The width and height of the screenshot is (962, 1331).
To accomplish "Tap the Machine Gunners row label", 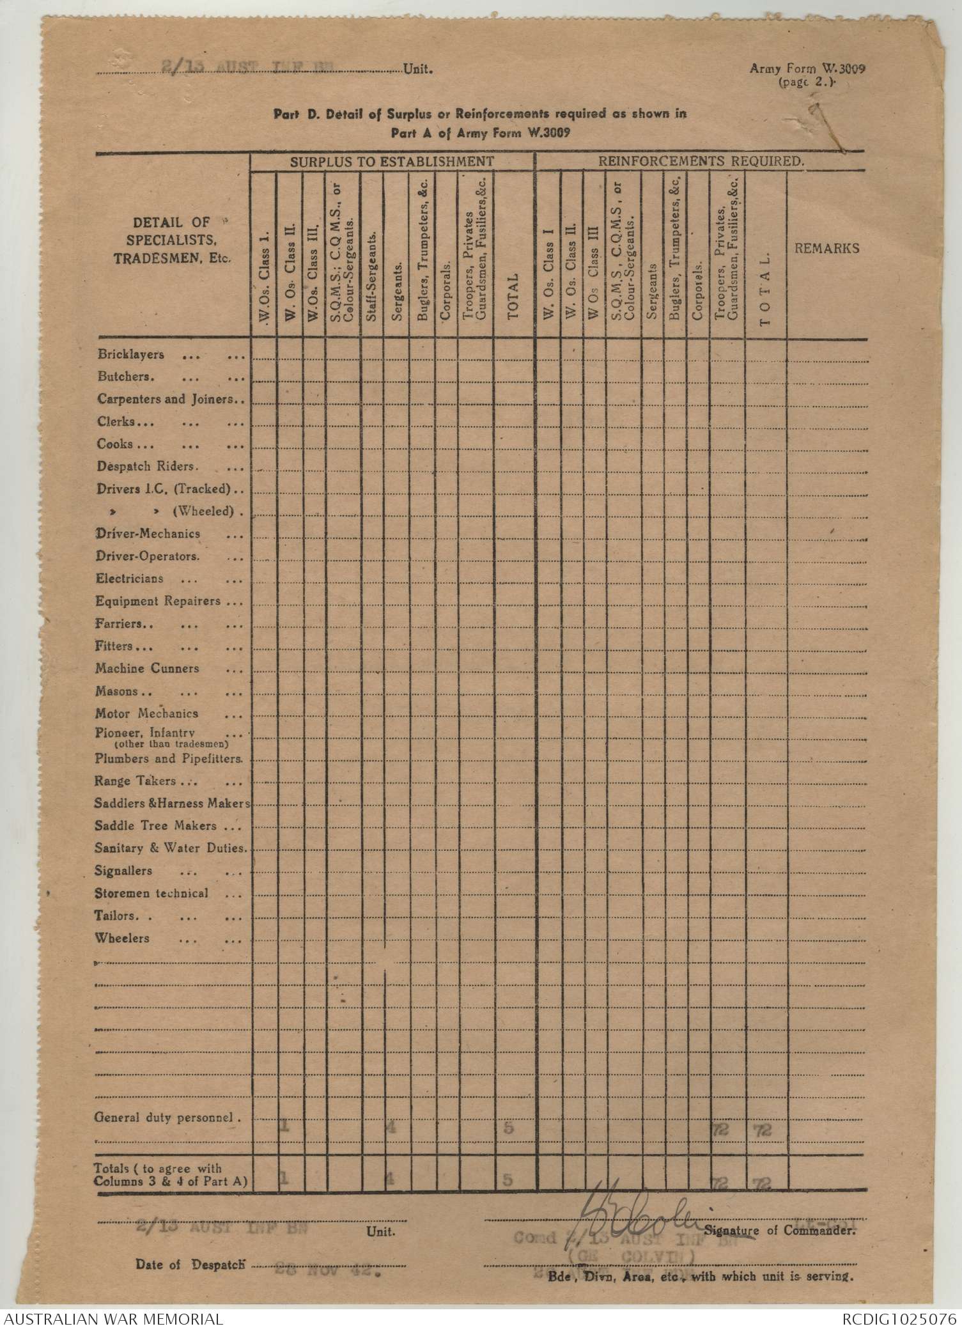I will tap(148, 669).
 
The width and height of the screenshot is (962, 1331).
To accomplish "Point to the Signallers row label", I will tap(123, 871).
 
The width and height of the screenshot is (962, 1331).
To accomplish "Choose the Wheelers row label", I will tap(122, 938).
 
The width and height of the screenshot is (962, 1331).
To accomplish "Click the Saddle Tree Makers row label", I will tap(156, 826).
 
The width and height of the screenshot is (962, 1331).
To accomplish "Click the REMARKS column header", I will tap(826, 249).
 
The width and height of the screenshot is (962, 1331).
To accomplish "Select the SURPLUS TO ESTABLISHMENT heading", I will tap(392, 162).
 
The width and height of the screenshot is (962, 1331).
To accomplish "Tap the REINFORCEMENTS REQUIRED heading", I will tap(700, 162).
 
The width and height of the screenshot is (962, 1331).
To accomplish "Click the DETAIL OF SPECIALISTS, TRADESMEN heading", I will tap(171, 241).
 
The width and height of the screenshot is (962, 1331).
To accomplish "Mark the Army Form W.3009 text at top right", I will tap(807, 70).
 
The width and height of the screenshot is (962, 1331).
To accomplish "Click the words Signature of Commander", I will tap(780, 1230).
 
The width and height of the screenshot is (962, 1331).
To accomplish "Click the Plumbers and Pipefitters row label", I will tap(169, 759).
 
